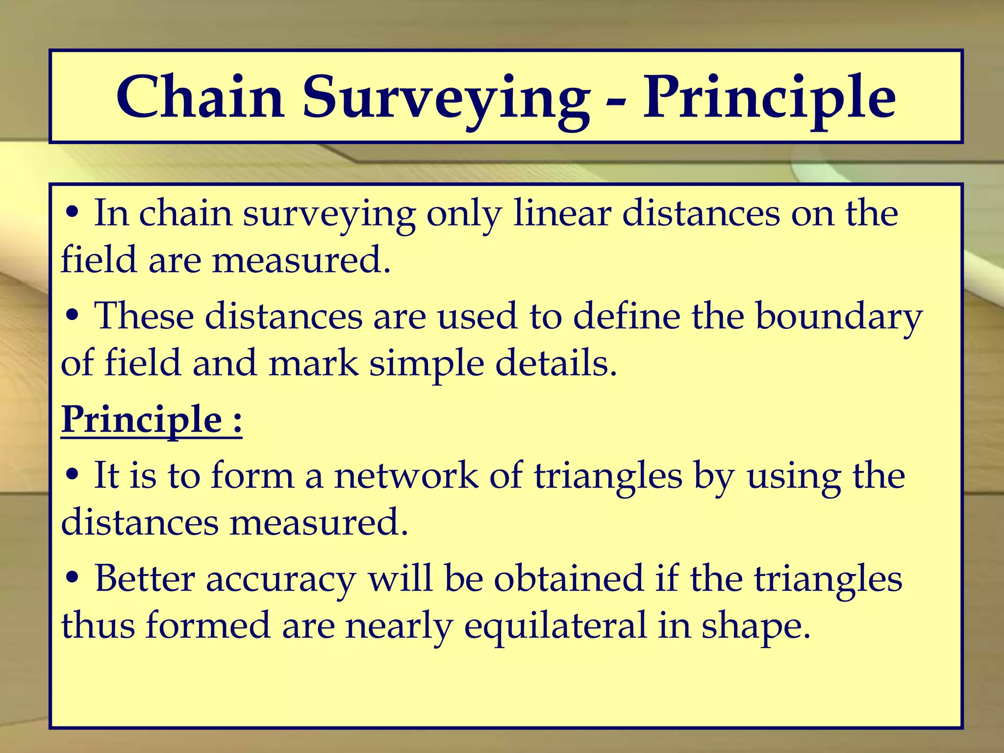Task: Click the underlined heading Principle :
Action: pyautogui.click(x=151, y=420)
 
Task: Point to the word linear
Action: pyautogui.click(x=562, y=214)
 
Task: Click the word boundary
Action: pyautogui.click(x=839, y=317)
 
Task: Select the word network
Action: pyautogui.click(x=406, y=476)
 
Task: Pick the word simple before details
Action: pyautogui.click(x=427, y=364)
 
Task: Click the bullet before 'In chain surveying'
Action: pyautogui.click(x=72, y=214)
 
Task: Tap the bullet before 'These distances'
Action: pyautogui.click(x=72, y=317)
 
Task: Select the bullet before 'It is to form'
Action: pyautogui.click(x=72, y=476)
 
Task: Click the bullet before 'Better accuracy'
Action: pyautogui.click(x=72, y=579)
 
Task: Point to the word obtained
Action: pyautogui.click(x=568, y=579)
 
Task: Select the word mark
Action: pyautogui.click(x=313, y=364)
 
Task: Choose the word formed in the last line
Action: pyautogui.click(x=208, y=627)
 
